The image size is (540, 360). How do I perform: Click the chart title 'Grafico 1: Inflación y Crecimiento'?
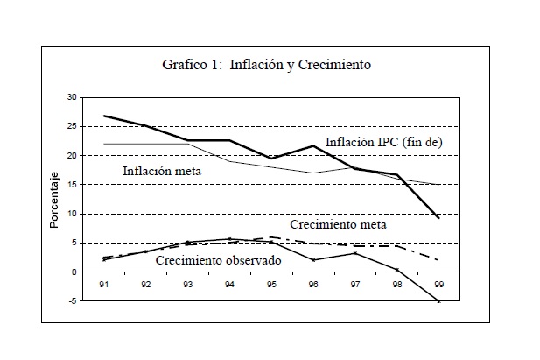point(266,64)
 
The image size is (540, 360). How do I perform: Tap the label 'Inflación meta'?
point(163,171)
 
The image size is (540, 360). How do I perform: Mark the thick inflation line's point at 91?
point(105,116)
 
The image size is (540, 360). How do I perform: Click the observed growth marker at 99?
point(438,301)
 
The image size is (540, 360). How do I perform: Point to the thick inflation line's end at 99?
point(438,217)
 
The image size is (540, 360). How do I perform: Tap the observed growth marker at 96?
point(312,260)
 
